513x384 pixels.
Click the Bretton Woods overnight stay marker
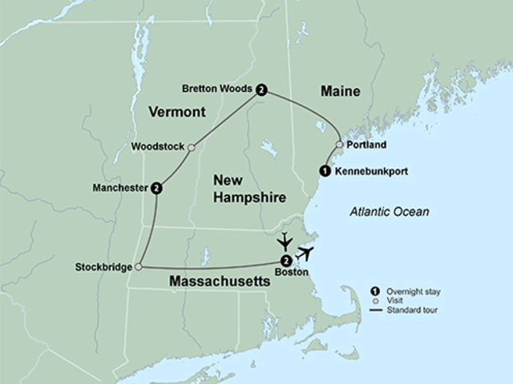[x=261, y=90]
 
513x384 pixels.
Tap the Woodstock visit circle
[x=191, y=147]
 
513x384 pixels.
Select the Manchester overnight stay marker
[x=156, y=188]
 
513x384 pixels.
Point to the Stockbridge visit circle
[x=138, y=266]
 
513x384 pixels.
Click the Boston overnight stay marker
[x=285, y=260]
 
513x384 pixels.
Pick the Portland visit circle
[x=339, y=145]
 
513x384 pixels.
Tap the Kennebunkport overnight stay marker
[x=324, y=170]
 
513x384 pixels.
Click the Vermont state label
[x=177, y=113]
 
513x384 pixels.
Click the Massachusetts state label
[x=219, y=282]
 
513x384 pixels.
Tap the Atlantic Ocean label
[x=389, y=212]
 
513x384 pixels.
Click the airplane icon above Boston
[x=284, y=241]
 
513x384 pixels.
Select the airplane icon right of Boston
[x=305, y=254]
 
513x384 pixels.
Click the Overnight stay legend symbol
[x=374, y=290]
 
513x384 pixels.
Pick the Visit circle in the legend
[x=374, y=300]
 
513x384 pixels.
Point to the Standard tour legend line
[x=374, y=310]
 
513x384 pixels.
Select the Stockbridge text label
[x=104, y=266]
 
